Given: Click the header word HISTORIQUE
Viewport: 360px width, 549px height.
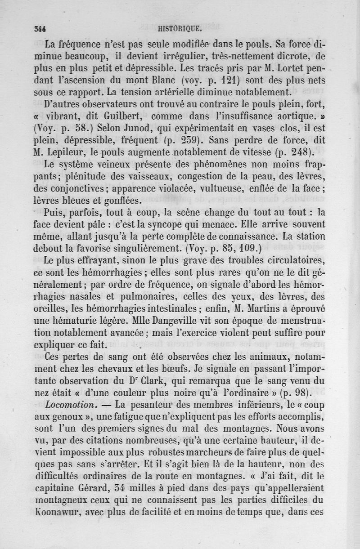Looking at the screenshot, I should click(x=180, y=30).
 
